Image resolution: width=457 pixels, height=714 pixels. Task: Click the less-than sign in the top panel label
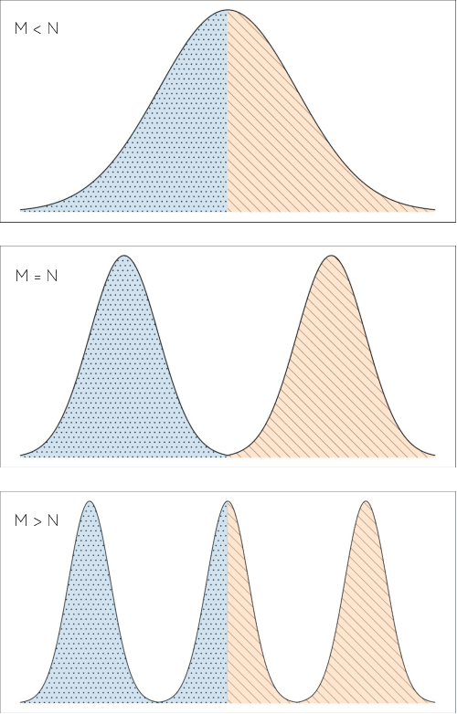click(x=37, y=28)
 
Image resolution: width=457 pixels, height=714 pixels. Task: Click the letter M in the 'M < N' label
click(x=21, y=28)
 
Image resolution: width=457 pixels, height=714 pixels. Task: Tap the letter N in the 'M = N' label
click(x=51, y=275)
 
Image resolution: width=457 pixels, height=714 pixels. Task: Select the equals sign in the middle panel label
click(x=37, y=275)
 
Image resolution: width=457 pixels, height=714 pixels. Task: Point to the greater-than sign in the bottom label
click(x=37, y=521)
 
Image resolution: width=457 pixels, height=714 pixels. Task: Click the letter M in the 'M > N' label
click(x=21, y=521)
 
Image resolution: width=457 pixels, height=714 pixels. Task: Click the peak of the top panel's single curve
click(x=228, y=11)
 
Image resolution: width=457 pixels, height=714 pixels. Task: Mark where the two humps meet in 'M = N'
click(x=228, y=454)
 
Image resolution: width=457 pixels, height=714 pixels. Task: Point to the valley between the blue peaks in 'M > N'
click(x=158, y=699)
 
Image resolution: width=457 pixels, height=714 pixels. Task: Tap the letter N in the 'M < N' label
click(x=51, y=28)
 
